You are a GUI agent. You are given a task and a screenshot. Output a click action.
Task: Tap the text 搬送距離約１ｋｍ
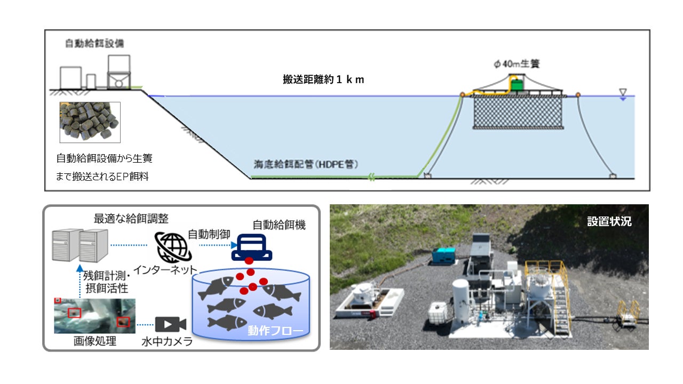point(323,80)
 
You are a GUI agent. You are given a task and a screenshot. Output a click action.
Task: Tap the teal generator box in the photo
point(446,254)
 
